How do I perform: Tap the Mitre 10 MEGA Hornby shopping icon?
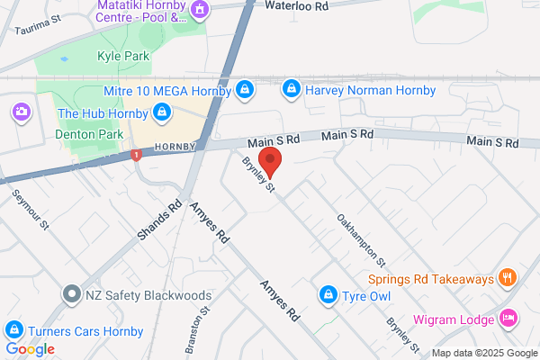244,89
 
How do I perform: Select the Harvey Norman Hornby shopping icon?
291,89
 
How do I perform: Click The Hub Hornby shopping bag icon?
162,112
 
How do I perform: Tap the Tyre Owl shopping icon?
329,294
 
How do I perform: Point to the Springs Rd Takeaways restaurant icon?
508,278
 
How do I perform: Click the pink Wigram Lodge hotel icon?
508,319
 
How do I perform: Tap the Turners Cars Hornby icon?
13,330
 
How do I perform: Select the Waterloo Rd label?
299,5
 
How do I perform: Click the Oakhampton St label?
361,240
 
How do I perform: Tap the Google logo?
31,348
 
